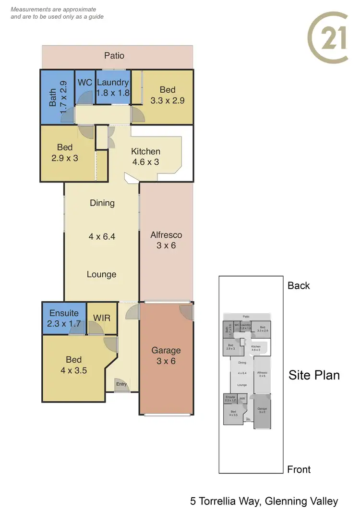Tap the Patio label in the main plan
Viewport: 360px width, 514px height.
pos(114,56)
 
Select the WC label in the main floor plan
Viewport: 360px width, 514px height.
pos(85,83)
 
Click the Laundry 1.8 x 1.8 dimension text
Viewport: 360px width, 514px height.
pos(113,93)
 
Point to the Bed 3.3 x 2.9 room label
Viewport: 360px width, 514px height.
pos(168,95)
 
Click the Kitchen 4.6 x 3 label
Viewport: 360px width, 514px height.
pos(145,157)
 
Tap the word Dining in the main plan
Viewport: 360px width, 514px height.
pos(102,203)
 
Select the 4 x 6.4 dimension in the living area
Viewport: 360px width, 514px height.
pos(102,236)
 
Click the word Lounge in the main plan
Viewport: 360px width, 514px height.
pos(102,274)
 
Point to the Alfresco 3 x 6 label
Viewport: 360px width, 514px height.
pos(166,240)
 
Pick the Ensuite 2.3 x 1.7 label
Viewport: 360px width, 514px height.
pos(64,318)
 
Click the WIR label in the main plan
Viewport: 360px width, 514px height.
pos(102,318)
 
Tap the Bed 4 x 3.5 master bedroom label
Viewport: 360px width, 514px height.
pos(73,365)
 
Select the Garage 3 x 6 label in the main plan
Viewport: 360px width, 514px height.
pos(166,355)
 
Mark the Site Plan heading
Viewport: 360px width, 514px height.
pos(314,375)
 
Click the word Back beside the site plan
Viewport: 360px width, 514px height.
pos(299,285)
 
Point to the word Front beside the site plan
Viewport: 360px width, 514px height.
pos(299,469)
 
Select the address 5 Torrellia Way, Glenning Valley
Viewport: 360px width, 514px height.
pos(264,502)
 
